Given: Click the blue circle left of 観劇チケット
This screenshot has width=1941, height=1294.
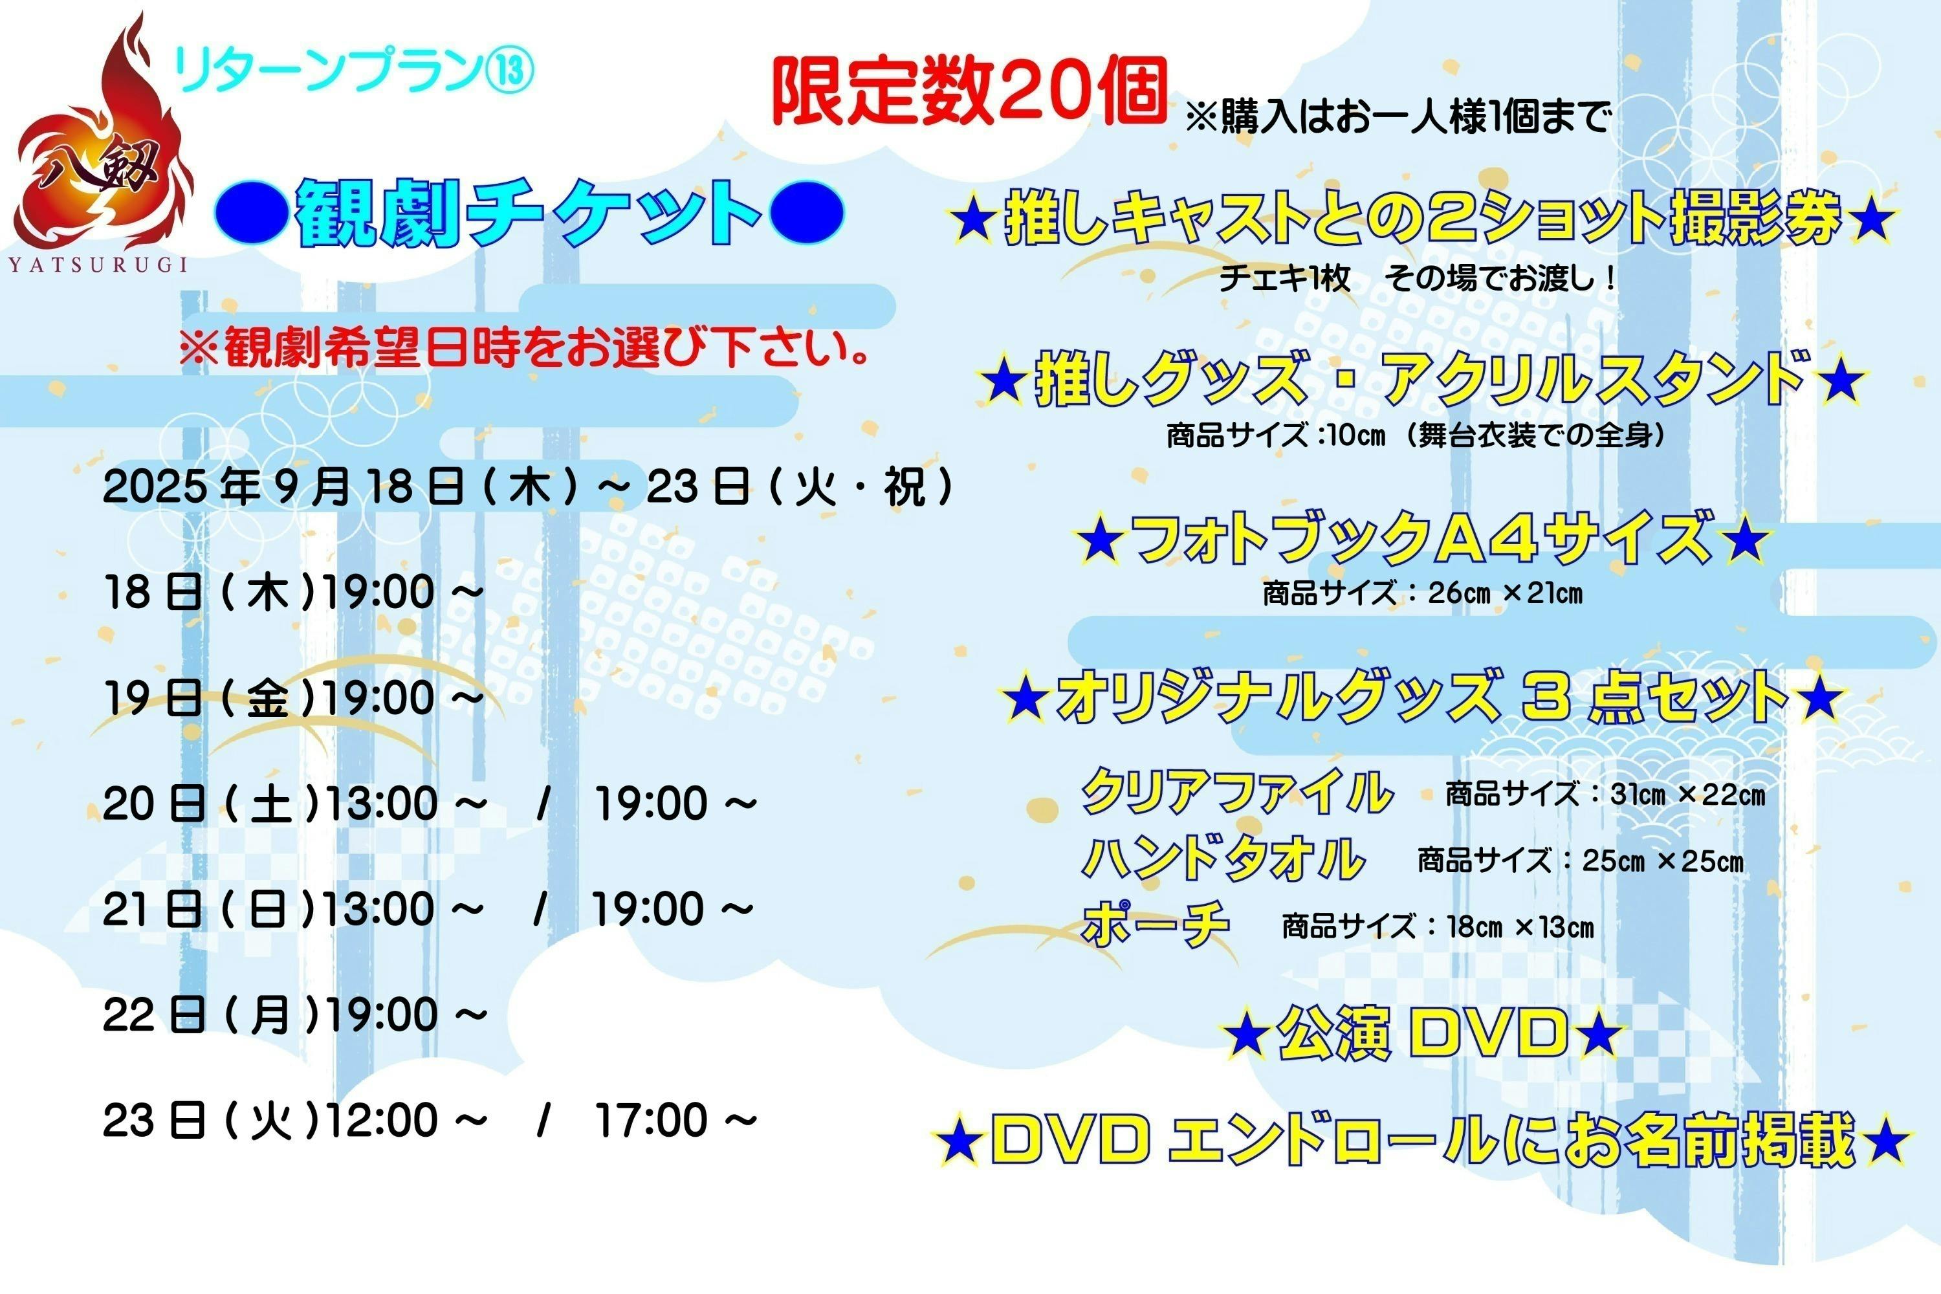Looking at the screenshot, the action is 252,213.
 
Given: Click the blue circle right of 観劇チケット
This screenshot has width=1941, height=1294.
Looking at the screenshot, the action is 806,213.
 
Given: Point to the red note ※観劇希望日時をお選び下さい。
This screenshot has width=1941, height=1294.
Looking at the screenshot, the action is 525,347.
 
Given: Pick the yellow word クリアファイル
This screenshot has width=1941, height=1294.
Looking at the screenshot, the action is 1236,791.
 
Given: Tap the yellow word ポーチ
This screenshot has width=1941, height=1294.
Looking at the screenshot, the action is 1156,925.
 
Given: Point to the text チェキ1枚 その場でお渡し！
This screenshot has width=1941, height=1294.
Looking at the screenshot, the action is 1416,278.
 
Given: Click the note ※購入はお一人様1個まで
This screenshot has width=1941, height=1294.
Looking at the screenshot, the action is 1397,118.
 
